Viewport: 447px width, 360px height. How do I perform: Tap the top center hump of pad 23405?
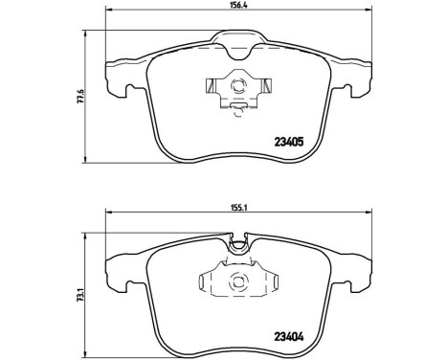tap(236, 39)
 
